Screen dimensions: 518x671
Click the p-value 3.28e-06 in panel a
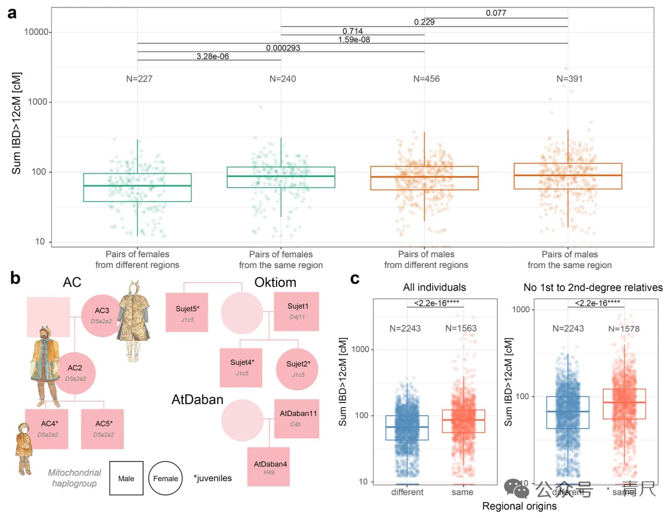pyautogui.click(x=213, y=56)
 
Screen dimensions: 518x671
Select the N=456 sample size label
pyautogui.click(x=426, y=79)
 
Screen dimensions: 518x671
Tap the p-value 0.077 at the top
pyautogui.click(x=496, y=13)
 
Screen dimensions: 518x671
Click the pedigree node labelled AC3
pyautogui.click(x=102, y=315)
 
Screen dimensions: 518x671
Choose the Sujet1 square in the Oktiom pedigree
pyautogui.click(x=297, y=311)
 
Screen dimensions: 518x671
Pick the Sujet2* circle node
pyautogui.click(x=297, y=369)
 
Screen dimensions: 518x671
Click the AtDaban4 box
pyautogui.click(x=269, y=467)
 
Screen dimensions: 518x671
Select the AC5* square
pyautogui.click(x=103, y=429)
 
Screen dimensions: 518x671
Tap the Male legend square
pyautogui.click(x=126, y=478)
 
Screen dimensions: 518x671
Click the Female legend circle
pyautogui.click(x=165, y=478)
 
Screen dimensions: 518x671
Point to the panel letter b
pyautogui.click(x=15, y=278)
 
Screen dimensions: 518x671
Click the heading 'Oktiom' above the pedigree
pyautogui.click(x=275, y=282)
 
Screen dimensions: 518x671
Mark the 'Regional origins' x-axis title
pyautogui.click(x=519, y=506)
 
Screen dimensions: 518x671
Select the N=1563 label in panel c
pyautogui.click(x=461, y=328)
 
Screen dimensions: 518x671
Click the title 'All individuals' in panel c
pyautogui.click(x=434, y=287)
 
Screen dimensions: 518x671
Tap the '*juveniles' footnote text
pyautogui.click(x=213, y=478)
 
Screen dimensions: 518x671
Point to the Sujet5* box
pyautogui.click(x=187, y=312)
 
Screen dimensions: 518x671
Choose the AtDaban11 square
pyautogui.click(x=297, y=418)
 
